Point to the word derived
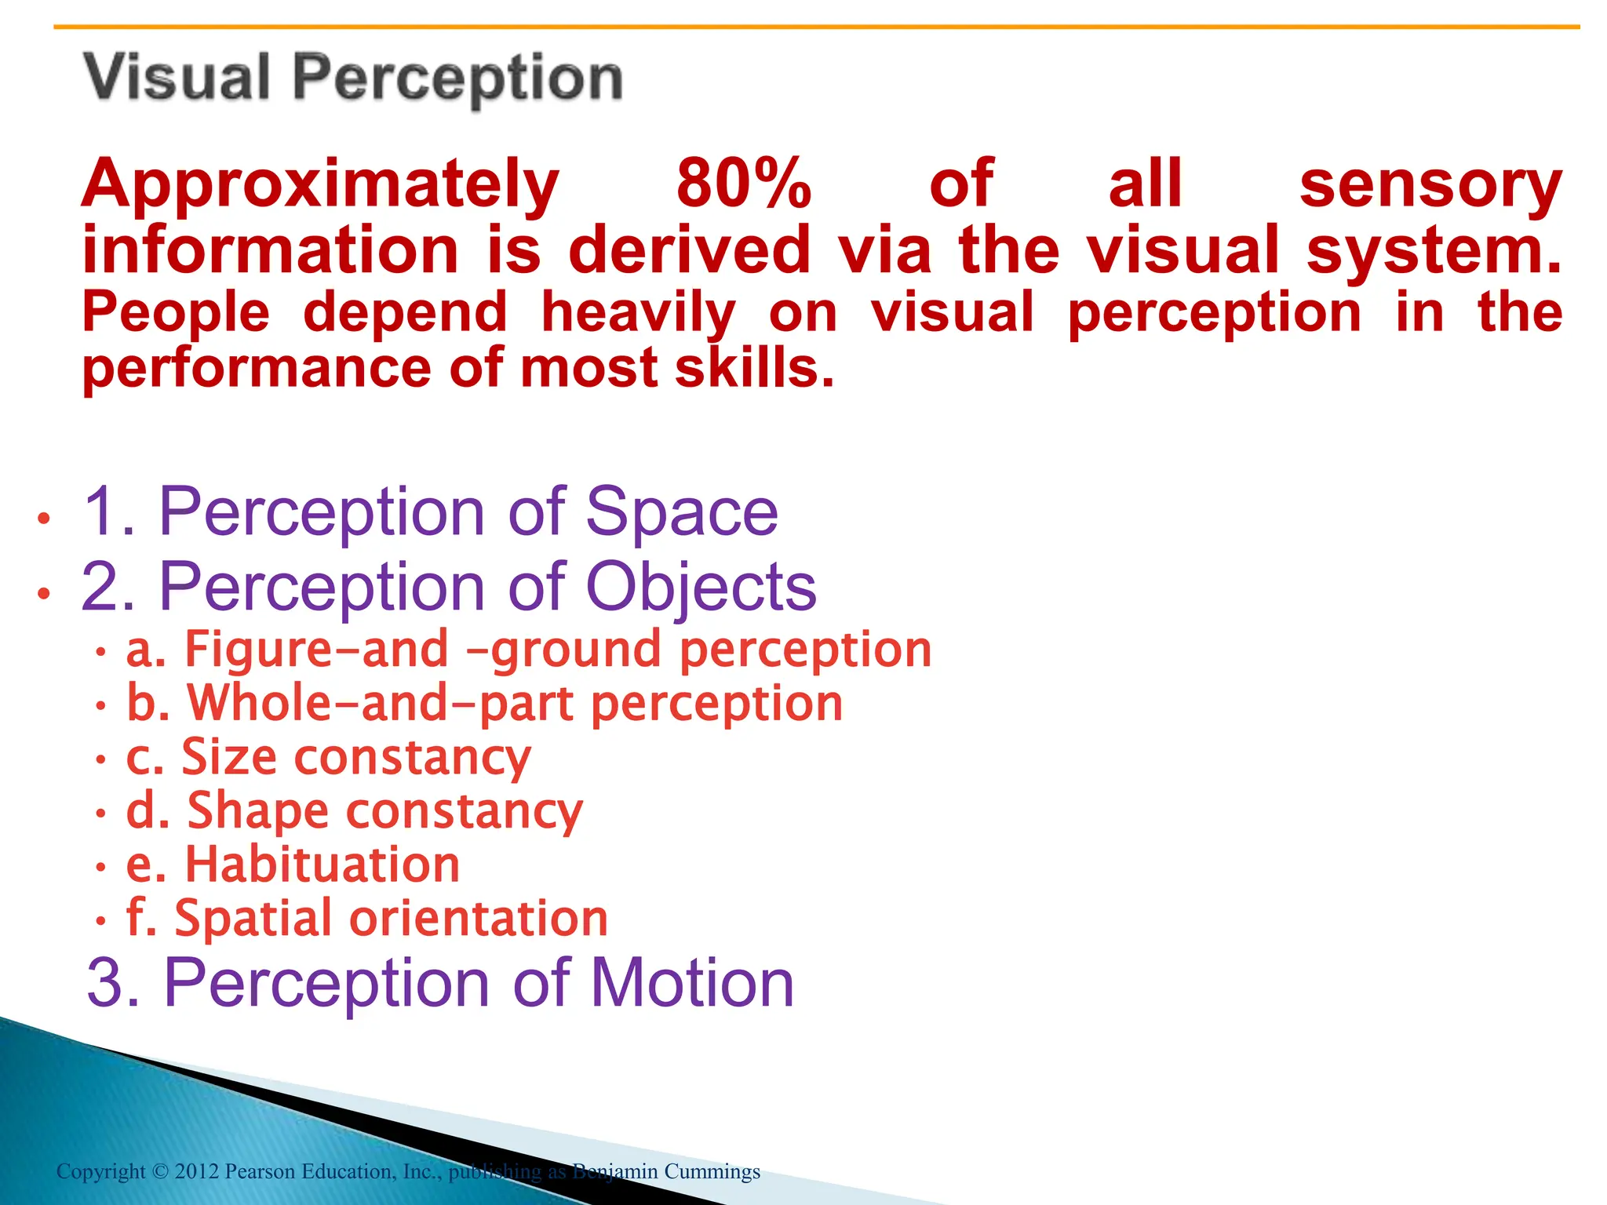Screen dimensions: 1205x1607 pos(689,249)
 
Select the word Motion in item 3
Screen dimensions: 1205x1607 pos(692,983)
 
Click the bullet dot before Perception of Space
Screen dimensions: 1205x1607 pos(44,519)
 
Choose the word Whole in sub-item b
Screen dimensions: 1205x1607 pos(260,703)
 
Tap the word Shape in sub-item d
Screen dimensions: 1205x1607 pos(257,811)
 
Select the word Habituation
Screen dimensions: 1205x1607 pos(322,865)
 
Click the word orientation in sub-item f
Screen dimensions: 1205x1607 pos(478,918)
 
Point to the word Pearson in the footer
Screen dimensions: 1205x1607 pos(261,1172)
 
